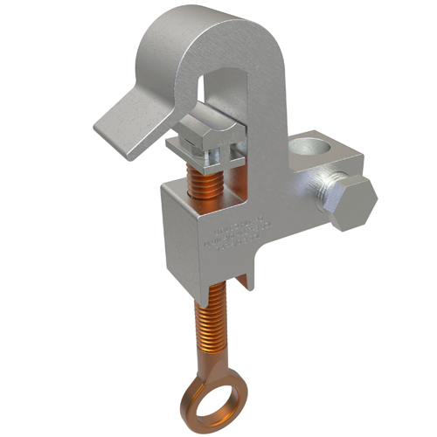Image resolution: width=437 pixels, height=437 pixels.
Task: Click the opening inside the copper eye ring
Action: click(x=215, y=392)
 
